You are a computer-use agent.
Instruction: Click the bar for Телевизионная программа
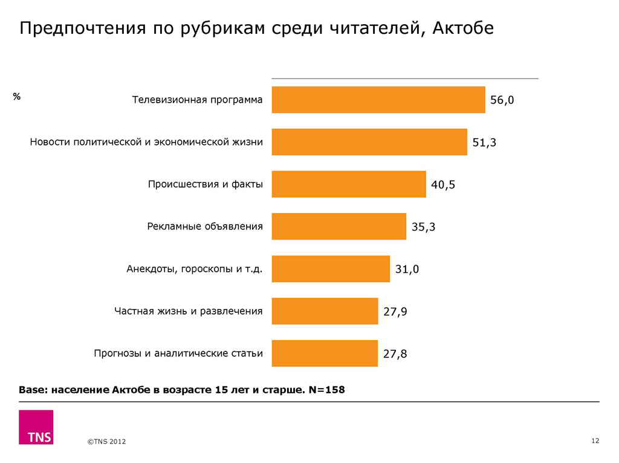tap(378, 100)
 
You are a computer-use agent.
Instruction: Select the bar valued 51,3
tap(369, 142)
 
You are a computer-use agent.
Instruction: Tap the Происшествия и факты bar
tap(348, 184)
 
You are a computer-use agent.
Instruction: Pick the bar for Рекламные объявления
tap(339, 226)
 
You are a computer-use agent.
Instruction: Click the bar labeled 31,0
tap(331, 269)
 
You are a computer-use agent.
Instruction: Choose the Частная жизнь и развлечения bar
tap(325, 311)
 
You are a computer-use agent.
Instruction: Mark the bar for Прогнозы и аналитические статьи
tap(325, 353)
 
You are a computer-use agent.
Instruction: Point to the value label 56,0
tap(502, 101)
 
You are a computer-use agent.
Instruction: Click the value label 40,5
tap(442, 185)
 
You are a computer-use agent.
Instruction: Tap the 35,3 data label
tap(423, 228)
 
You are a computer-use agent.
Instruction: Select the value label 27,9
tap(395, 312)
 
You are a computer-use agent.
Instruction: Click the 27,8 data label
tap(395, 354)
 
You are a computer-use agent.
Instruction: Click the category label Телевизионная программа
tap(197, 100)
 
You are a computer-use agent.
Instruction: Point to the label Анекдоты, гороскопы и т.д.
tap(194, 269)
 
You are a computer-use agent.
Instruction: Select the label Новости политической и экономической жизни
tap(146, 142)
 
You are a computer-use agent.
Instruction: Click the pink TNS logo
tap(36, 427)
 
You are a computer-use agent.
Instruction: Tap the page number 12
tap(595, 441)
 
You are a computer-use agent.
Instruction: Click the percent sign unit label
tap(17, 96)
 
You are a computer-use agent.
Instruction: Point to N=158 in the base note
tap(326, 389)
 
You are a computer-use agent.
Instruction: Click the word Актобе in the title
tap(464, 28)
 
